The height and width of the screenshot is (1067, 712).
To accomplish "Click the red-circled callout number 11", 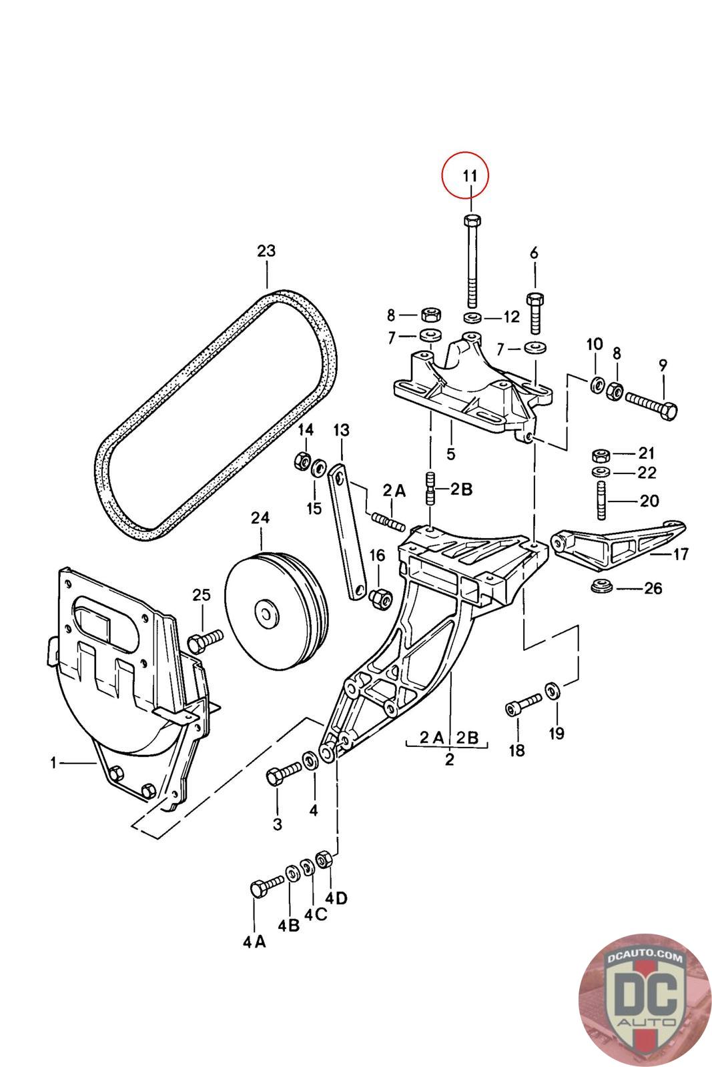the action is tap(470, 176).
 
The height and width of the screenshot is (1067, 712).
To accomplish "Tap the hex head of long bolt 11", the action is tap(472, 221).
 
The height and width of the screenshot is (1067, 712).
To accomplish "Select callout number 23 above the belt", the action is tap(266, 251).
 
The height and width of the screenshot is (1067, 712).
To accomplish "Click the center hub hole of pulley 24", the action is tap(266, 614).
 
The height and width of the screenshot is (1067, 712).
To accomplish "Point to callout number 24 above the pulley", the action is tap(260, 517).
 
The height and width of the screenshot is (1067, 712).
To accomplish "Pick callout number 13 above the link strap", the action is tap(341, 431).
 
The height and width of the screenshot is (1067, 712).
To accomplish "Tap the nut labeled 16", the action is tap(381, 597).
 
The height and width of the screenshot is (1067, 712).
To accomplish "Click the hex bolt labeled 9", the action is tap(651, 403).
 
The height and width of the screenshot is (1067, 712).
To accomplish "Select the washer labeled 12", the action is tap(471, 317).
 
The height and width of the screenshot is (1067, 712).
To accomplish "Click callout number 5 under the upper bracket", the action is tap(451, 454).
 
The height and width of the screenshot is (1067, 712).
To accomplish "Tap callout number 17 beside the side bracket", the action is tap(681, 554).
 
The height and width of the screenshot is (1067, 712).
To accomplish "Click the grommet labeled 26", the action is tap(601, 586).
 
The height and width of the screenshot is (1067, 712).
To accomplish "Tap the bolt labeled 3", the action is tap(284, 773).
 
